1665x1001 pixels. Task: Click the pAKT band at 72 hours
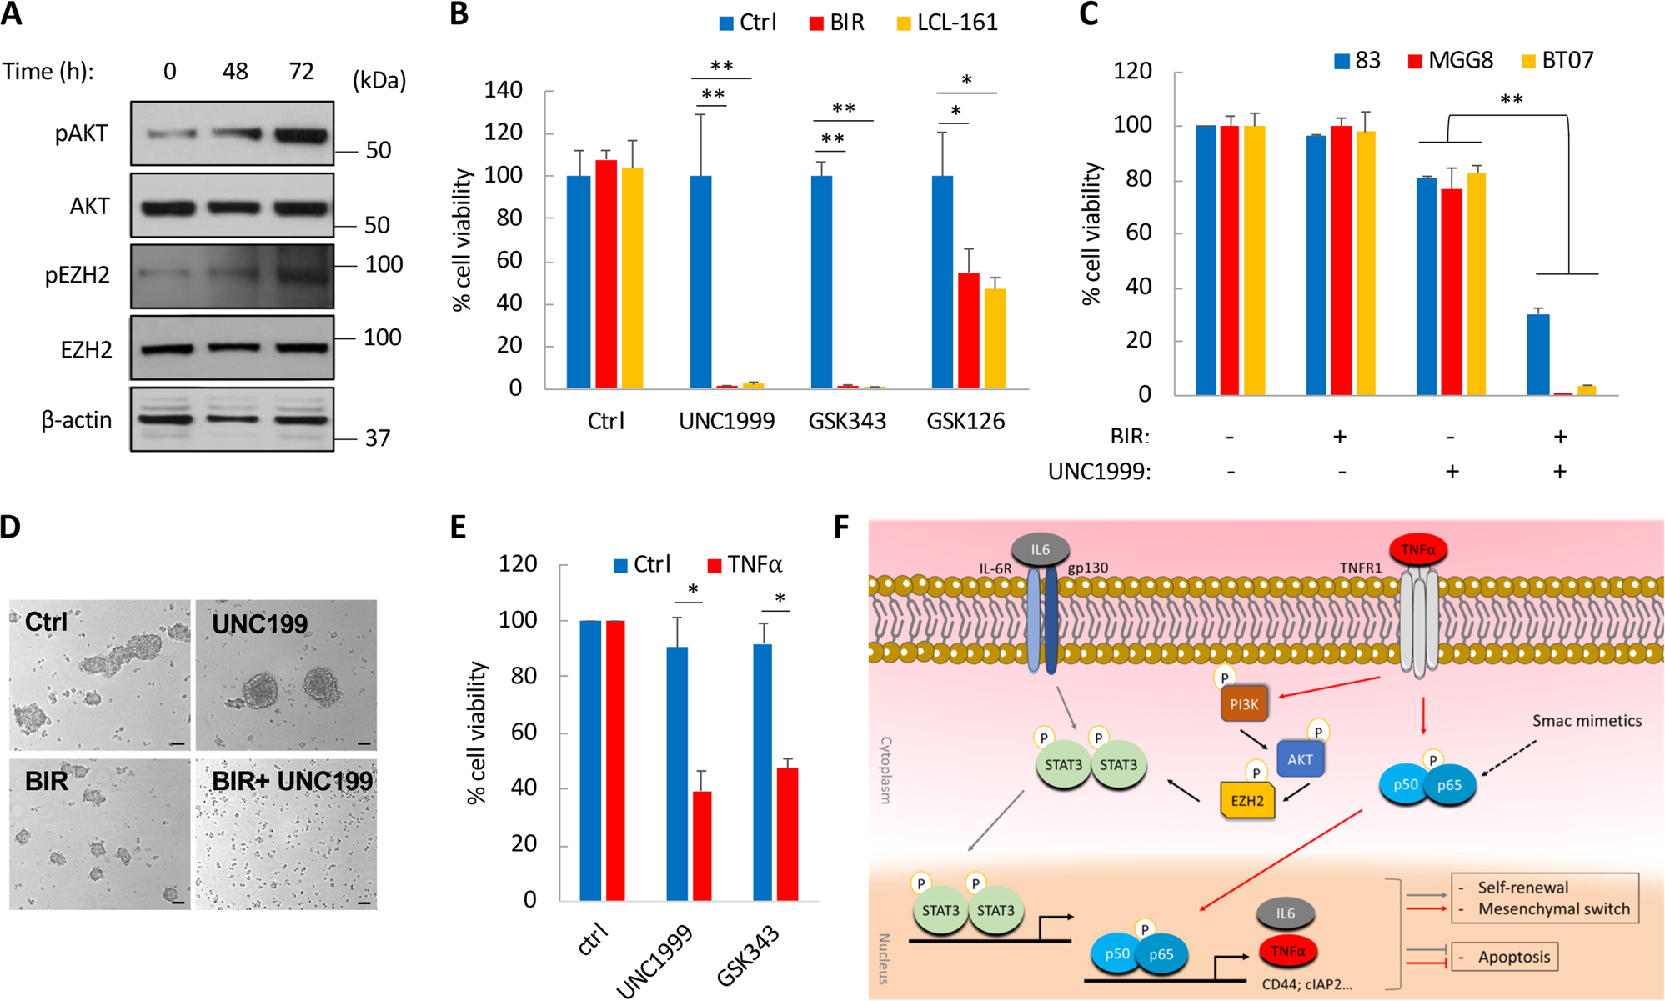[301, 134]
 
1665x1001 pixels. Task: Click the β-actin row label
[77, 420]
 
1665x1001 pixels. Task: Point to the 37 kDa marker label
[378, 438]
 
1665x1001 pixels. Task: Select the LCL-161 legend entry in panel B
[948, 23]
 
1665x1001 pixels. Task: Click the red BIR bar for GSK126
[968, 331]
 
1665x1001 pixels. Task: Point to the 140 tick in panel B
[504, 90]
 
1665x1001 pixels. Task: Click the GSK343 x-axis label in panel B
[847, 422]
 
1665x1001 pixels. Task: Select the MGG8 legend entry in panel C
[1451, 61]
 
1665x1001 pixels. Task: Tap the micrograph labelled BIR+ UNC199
[286, 833]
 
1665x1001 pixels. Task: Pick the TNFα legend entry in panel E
[745, 565]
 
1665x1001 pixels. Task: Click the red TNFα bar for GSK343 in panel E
[787, 833]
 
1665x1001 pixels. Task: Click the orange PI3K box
[1244, 705]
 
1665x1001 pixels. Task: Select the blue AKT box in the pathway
[1300, 759]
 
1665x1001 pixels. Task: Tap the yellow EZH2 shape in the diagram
[1247, 801]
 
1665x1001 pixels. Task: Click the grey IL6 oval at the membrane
[1040, 550]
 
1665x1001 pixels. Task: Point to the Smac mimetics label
[1587, 721]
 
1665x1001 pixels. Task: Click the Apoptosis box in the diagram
[1505, 957]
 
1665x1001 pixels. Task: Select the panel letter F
[842, 528]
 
